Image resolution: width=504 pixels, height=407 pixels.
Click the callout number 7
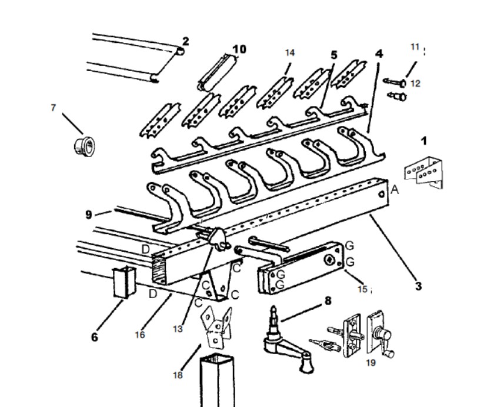pyautogui.click(x=54, y=108)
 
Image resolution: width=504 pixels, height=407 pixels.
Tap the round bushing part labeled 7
pyautogui.click(x=84, y=146)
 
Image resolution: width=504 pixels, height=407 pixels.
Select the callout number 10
pyautogui.click(x=239, y=49)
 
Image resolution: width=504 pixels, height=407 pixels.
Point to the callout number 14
pyautogui.click(x=289, y=53)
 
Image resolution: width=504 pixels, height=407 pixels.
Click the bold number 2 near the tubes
pyautogui.click(x=185, y=42)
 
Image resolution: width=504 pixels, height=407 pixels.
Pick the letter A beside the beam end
pyautogui.click(x=395, y=189)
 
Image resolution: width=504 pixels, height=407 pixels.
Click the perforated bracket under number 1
pyautogui.click(x=423, y=172)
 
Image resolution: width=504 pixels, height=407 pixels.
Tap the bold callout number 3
pyautogui.click(x=418, y=286)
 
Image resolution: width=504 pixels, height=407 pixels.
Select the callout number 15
pyautogui.click(x=363, y=289)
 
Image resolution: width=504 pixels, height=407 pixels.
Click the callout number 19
pyautogui.click(x=371, y=363)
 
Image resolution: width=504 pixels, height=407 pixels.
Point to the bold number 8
pyautogui.click(x=328, y=301)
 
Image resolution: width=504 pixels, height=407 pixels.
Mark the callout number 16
pyautogui.click(x=140, y=335)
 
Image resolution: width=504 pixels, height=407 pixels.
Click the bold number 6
pyautogui.click(x=95, y=337)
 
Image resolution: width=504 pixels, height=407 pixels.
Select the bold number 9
pyautogui.click(x=89, y=215)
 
